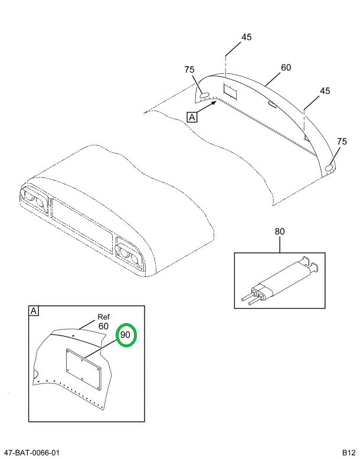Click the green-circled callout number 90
(125, 336)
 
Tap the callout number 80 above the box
(279, 232)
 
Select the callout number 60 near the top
(286, 68)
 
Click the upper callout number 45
(246, 37)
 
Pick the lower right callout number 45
(325, 91)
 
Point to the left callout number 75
(189, 70)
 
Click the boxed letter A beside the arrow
(192, 117)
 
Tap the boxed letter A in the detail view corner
(34, 311)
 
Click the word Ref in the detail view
(104, 317)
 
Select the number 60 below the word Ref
(103, 326)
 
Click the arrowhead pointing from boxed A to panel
(215, 102)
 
